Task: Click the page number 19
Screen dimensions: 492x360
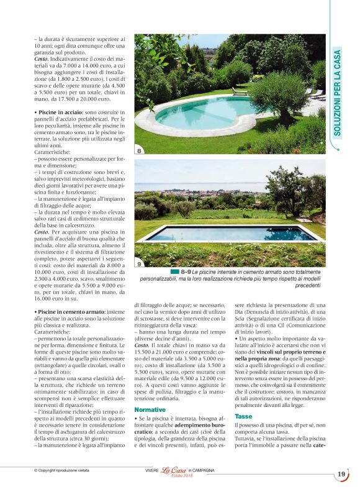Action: pyautogui.click(x=341, y=474)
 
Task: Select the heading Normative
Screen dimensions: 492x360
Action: pyautogui.click(x=150, y=410)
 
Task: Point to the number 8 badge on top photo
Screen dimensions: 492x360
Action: pyautogui.click(x=140, y=150)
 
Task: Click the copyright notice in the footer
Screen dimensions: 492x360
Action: pyautogui.click(x=61, y=470)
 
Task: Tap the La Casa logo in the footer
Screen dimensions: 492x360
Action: pyautogui.click(x=174, y=470)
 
